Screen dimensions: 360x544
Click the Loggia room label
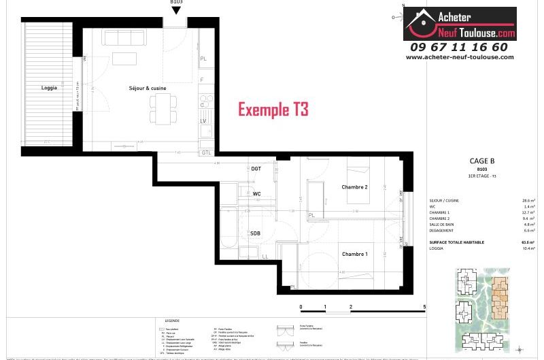49,88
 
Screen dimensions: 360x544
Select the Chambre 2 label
354,187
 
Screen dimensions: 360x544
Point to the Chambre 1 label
354,254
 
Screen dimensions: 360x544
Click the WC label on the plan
256,194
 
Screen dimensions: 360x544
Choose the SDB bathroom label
255,233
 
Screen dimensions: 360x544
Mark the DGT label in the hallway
256,168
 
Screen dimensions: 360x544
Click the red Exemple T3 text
273,110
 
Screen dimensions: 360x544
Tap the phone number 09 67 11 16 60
459,47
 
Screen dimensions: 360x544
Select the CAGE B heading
481,161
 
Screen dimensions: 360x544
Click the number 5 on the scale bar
424,308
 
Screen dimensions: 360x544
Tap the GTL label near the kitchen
206,152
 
